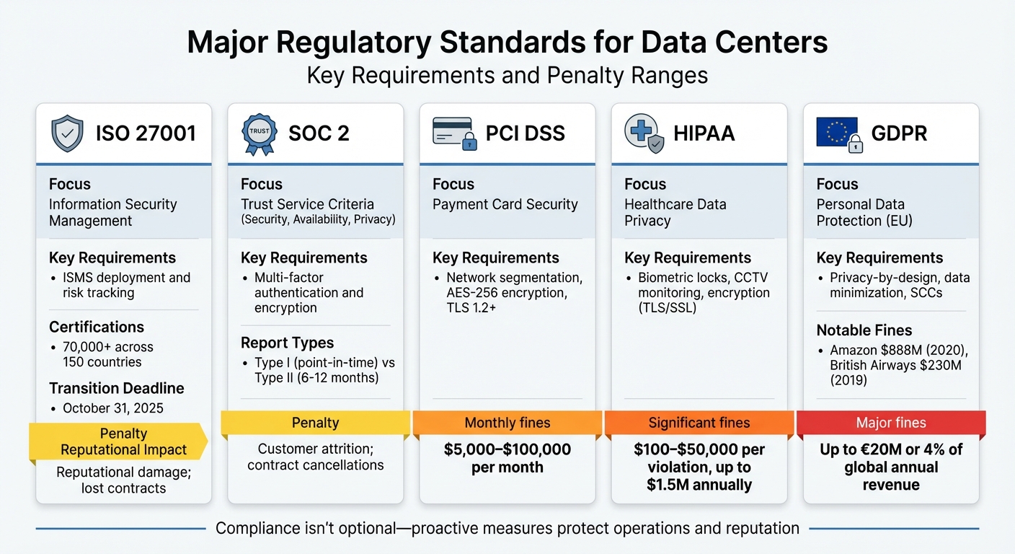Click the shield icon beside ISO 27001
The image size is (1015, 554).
point(68,133)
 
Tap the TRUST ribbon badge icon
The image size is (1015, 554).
point(258,133)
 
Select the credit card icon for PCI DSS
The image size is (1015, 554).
point(453,133)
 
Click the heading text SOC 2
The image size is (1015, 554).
point(319,133)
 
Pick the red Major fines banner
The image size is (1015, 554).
point(891,423)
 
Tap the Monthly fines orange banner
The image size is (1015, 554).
point(507,423)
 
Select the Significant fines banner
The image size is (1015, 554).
point(699,423)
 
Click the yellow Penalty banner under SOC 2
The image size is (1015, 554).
point(315,423)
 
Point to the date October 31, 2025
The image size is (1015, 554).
point(112,408)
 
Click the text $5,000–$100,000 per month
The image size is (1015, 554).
point(507,458)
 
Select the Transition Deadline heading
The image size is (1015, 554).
point(116,388)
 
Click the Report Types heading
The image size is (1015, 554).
point(287,343)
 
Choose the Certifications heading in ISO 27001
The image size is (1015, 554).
point(97,327)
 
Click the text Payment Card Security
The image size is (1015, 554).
point(505,204)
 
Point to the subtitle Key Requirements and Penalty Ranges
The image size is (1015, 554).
point(507,75)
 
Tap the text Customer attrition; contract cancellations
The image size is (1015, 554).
point(315,457)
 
